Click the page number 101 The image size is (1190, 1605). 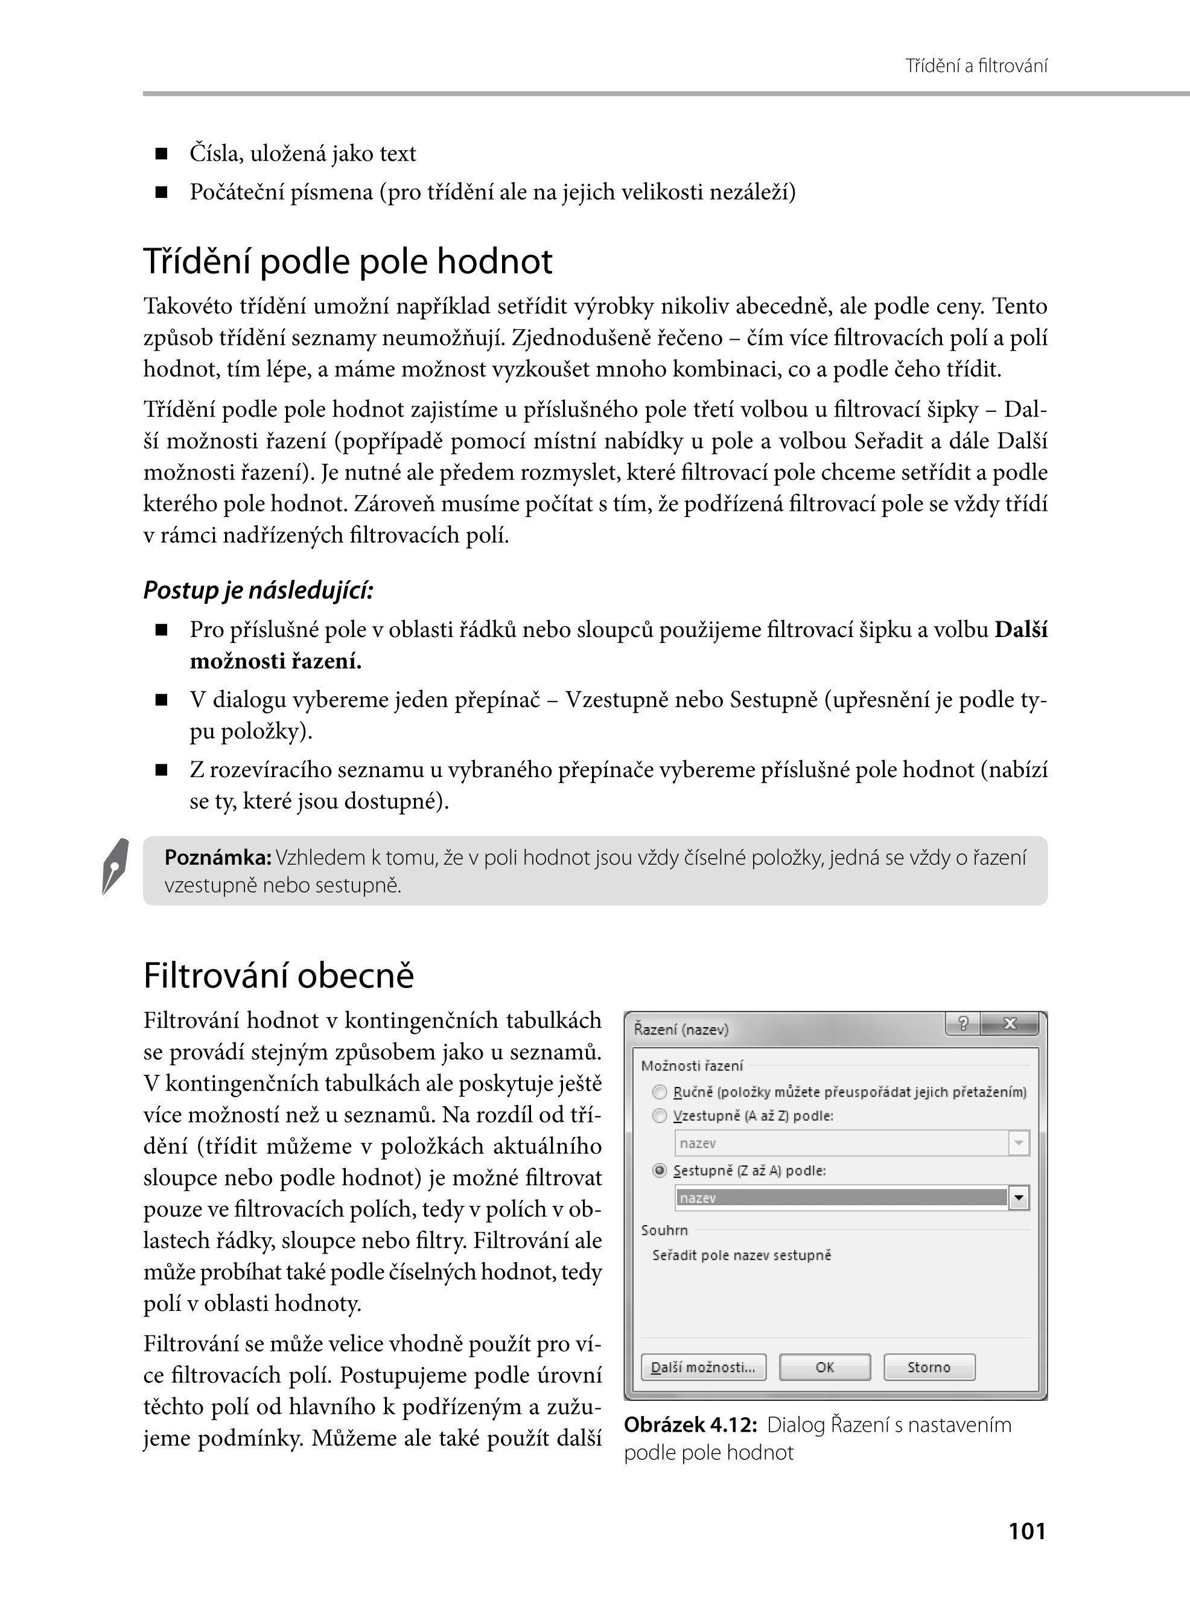[1027, 1531]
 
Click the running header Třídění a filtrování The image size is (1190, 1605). [976, 66]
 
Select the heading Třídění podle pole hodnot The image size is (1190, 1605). [348, 261]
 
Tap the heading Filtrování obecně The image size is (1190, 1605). [279, 975]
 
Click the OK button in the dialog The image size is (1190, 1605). [825, 1367]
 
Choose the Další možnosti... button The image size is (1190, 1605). [703, 1367]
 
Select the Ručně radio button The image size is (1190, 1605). [659, 1092]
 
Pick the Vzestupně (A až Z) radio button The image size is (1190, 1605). [659, 1116]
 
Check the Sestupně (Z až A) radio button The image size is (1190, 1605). [659, 1170]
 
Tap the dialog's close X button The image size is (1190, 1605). [1010, 1024]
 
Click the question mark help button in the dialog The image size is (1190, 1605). [963, 1024]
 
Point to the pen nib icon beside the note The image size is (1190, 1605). [115, 867]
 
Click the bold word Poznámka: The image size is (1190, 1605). [217, 857]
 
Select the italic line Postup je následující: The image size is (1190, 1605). [258, 591]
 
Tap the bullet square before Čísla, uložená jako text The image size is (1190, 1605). [161, 153]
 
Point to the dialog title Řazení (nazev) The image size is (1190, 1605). [681, 1029]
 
